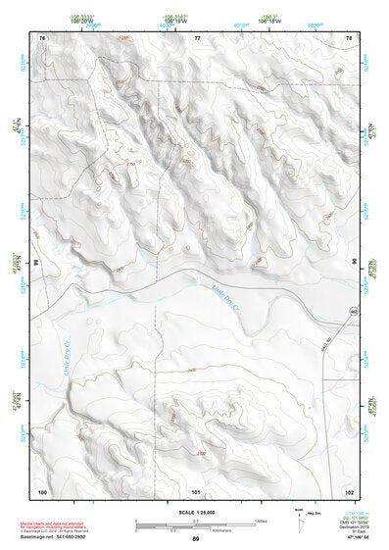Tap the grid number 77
[197, 37]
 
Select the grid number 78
[349, 37]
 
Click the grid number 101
[196, 490]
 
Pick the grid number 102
[349, 490]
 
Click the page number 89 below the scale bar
[196, 540]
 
